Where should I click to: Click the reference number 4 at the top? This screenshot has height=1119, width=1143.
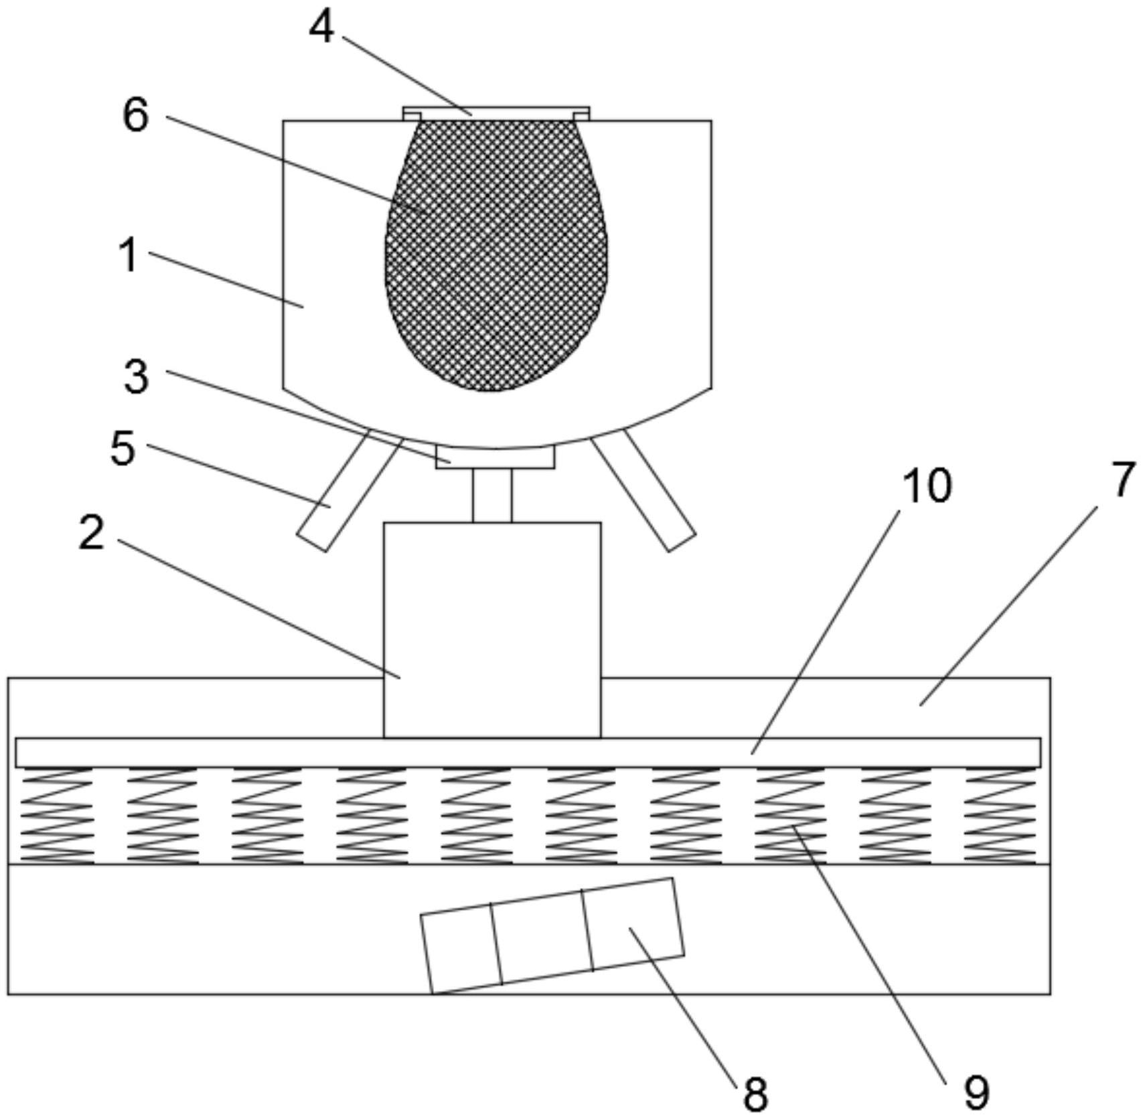tap(321, 29)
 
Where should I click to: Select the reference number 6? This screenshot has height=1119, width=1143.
tap(137, 115)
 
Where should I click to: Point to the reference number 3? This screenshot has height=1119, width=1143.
tap(137, 377)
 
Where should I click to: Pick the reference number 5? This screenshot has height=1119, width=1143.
tap(123, 448)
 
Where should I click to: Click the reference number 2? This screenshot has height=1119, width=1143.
tap(92, 534)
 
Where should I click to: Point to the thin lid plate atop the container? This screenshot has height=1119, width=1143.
tap(496, 110)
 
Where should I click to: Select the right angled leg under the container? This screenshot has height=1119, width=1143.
tap(643, 489)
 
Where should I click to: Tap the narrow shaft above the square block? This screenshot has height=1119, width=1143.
tap(492, 495)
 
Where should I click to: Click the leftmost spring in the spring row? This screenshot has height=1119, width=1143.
tap(58, 815)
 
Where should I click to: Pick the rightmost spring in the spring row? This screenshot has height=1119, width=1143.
tap(1000, 815)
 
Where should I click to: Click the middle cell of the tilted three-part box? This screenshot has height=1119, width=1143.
tap(542, 936)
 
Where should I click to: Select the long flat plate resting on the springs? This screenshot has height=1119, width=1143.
tap(528, 752)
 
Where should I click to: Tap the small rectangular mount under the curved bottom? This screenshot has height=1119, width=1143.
tap(495, 458)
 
